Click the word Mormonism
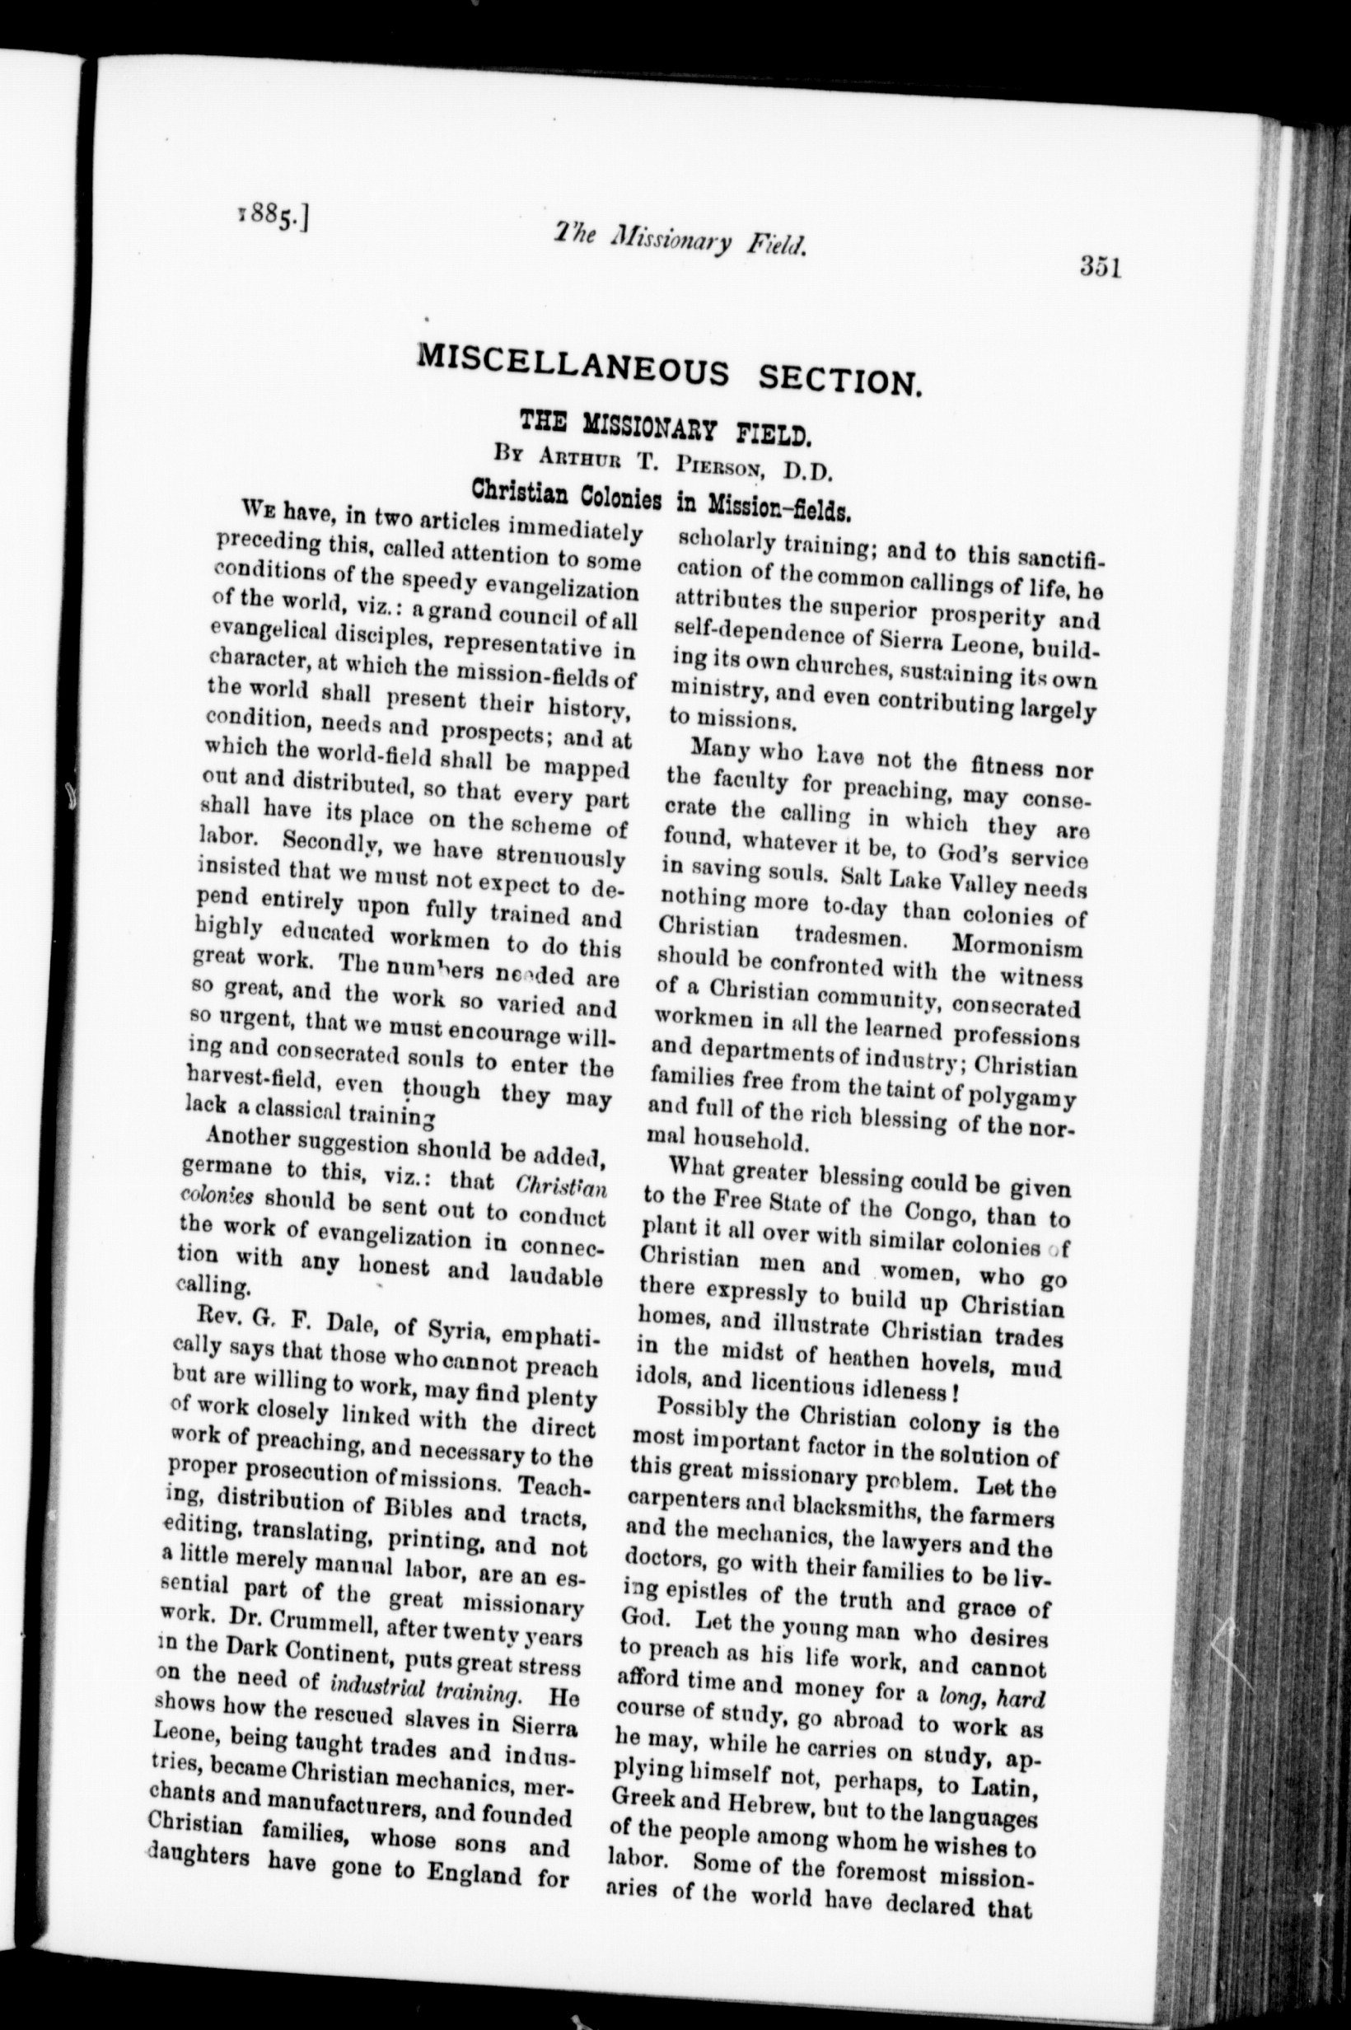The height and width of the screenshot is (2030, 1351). click(1017, 947)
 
